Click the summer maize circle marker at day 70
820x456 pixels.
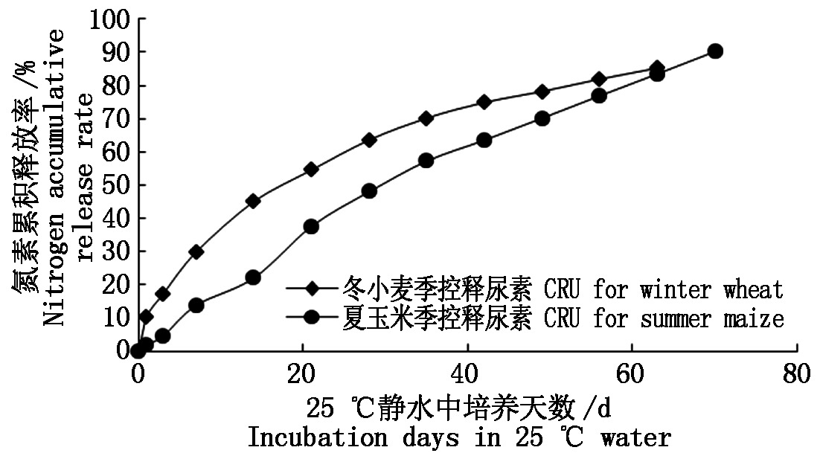715,51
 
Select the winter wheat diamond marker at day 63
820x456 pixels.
656,68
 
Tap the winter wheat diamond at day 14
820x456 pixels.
252,200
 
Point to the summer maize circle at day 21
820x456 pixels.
311,226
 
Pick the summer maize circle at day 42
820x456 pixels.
484,140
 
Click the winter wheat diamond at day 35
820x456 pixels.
426,118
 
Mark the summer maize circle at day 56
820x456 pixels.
599,95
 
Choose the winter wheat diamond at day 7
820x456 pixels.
196,251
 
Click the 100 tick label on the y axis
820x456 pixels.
109,19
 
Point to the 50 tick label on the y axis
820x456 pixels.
116,184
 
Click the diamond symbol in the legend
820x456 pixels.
313,289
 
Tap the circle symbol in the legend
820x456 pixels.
313,317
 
